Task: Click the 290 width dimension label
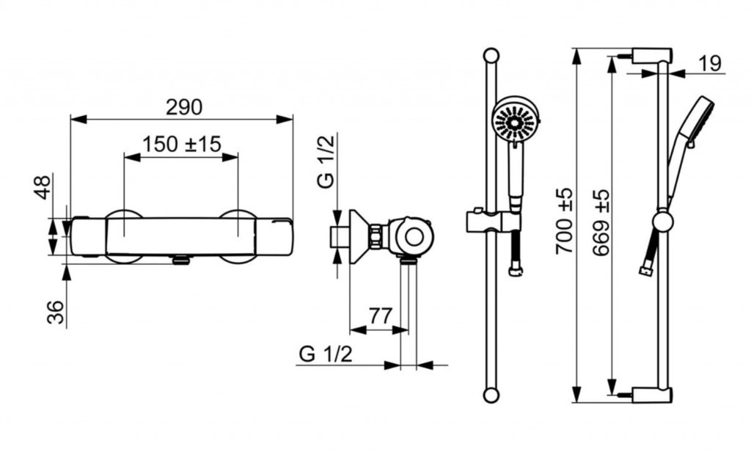point(184,107)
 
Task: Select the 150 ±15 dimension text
point(182,144)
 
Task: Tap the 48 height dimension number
point(43,187)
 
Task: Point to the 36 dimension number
point(56,312)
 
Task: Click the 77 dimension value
point(381,316)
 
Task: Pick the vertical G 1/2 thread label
point(326,161)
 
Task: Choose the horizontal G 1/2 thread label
point(326,354)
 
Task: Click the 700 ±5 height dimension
point(564,221)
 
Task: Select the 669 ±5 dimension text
point(601,222)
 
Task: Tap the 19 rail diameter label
point(710,63)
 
